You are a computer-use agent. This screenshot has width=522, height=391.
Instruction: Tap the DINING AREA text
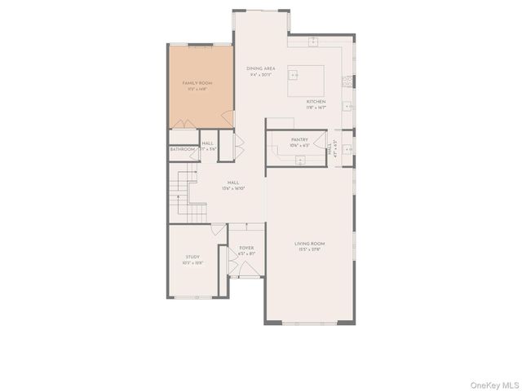[261, 68]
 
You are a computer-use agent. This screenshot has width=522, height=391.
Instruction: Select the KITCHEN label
[316, 102]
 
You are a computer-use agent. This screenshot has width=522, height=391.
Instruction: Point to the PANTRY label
[299, 139]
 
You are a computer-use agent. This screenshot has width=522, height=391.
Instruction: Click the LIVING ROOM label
[310, 244]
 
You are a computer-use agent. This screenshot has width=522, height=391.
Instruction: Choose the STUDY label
[192, 257]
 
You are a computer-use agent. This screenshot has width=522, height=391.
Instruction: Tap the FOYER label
[246, 248]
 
